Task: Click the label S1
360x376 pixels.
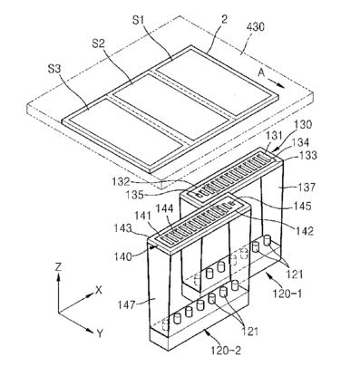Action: click(x=139, y=21)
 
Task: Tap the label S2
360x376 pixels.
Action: click(x=98, y=44)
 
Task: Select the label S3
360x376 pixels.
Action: click(x=54, y=69)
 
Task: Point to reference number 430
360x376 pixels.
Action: click(x=256, y=27)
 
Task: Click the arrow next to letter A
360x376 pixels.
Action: click(x=277, y=83)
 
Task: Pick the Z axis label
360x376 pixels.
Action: click(x=58, y=266)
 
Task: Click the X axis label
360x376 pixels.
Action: click(x=99, y=290)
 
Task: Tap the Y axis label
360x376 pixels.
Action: click(x=100, y=333)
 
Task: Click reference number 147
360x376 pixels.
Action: click(x=126, y=304)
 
